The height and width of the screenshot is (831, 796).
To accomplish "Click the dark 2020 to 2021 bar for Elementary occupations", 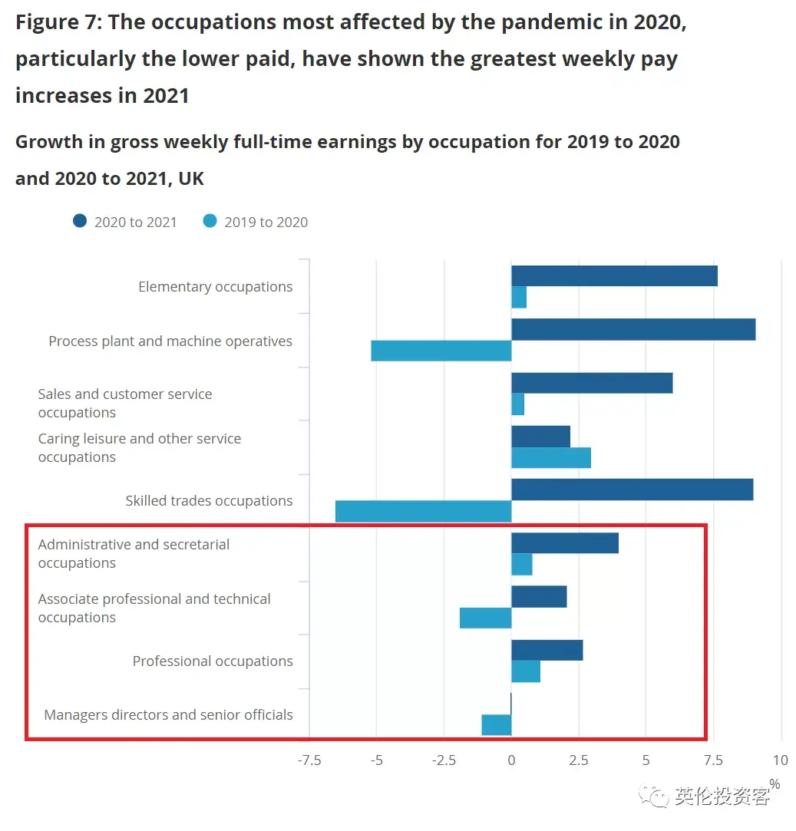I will pos(614,275).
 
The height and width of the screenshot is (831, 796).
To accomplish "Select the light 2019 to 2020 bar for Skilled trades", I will pos(423,511).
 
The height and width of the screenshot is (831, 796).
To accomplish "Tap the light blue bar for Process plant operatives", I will pos(441,351).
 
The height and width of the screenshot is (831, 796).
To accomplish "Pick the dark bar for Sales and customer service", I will pos(591,383).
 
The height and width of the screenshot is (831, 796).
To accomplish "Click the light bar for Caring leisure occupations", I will pos(550,457).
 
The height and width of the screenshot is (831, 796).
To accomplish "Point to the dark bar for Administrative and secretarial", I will pos(564,543).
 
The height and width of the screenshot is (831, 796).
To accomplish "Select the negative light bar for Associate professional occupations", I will pos(485,618).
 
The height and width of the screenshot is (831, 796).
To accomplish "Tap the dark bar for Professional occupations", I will pos(547,650).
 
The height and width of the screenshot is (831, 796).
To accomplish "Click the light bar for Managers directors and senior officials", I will pos(496,724).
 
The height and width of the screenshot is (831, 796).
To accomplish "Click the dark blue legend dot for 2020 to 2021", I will pos(80,222).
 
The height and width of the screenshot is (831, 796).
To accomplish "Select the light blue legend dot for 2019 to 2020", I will pos(210,222).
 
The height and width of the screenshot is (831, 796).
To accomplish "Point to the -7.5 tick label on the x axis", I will pos(309,760).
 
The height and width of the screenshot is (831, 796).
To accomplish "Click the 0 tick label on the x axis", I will pos(511,760).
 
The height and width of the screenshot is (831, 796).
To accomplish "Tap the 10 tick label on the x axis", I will pos(780,760).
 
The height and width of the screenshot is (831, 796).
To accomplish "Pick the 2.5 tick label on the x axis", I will pos(579,760).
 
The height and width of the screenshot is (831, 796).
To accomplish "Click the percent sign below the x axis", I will pos(775,783).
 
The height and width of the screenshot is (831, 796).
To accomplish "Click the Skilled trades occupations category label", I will pos(209,501).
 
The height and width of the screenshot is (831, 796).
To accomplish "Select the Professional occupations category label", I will pos(213,661).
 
